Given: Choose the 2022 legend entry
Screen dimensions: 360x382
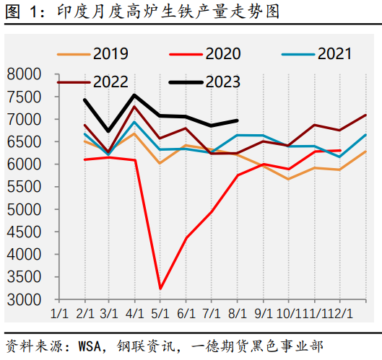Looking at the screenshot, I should [x=93, y=82].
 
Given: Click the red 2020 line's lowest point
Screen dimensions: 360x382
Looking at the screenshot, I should [x=160, y=289].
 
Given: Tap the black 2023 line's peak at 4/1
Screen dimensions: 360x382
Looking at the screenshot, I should [x=134, y=95].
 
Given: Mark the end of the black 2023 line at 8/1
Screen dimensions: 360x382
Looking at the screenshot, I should [x=238, y=120].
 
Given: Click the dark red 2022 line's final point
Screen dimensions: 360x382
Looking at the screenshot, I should [x=366, y=115].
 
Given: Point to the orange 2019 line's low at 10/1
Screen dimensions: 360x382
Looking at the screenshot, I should [x=289, y=179].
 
